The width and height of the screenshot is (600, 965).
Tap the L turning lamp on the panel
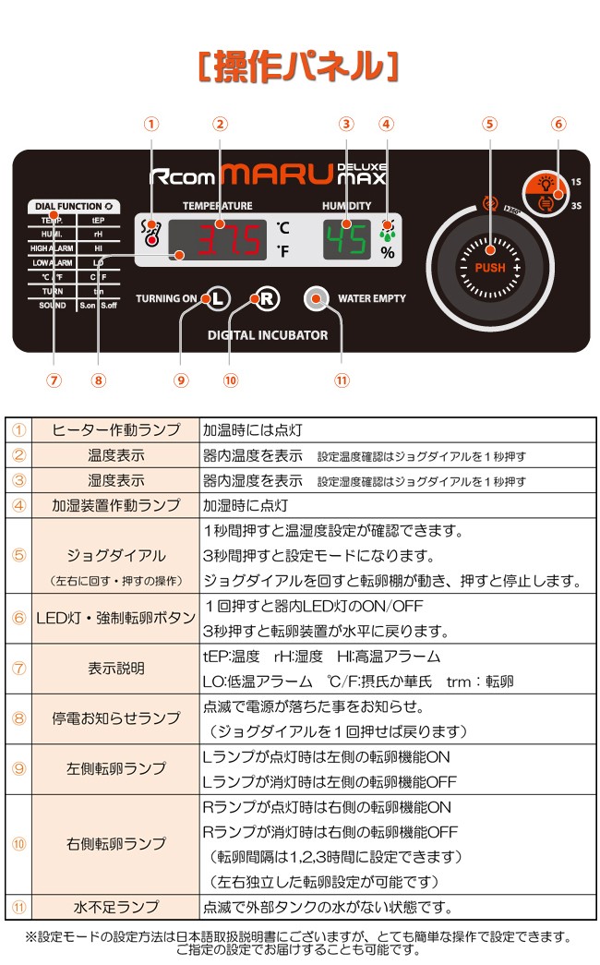pyautogui.click(x=217, y=298)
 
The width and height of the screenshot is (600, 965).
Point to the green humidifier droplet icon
pyautogui.click(x=387, y=230)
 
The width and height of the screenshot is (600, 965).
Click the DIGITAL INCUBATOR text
pyautogui.click(x=268, y=335)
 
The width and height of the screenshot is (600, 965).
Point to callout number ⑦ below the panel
pyautogui.click(x=54, y=380)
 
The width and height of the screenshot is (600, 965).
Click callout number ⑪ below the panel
pyautogui.click(x=342, y=380)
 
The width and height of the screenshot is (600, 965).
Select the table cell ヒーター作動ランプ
pyautogui.click(x=115, y=429)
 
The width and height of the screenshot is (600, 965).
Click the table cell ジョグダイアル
pyautogui.click(x=115, y=556)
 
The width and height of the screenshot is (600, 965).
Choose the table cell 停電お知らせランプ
pyautogui.click(x=115, y=719)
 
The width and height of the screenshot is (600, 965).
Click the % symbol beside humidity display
pyautogui.click(x=388, y=252)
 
